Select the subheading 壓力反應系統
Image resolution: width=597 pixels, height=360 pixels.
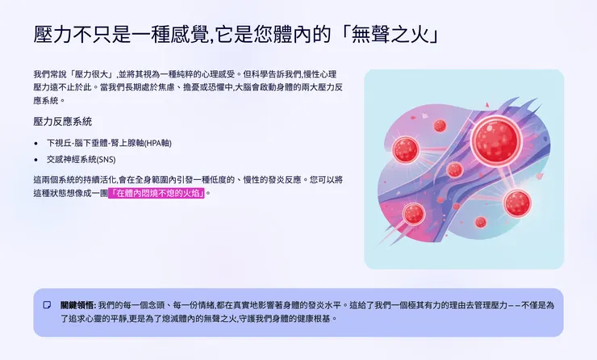click(63, 122)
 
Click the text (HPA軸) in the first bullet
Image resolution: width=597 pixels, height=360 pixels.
click(156, 143)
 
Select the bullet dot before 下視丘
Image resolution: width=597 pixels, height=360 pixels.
click(36, 143)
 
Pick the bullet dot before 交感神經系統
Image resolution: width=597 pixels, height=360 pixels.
click(36, 159)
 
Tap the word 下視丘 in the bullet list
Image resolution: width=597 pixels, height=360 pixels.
click(59, 143)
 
